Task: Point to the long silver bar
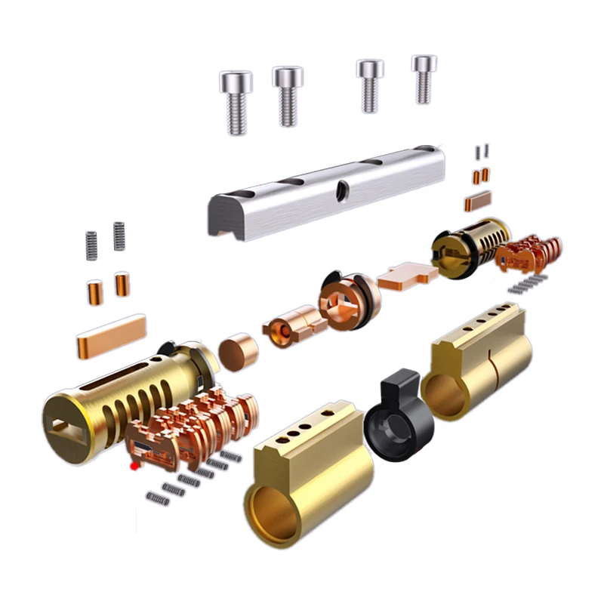[x=325, y=193]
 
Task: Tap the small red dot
[x=134, y=467]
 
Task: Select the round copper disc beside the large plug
[x=239, y=350]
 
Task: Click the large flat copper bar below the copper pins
[x=110, y=337]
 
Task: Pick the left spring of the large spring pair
[x=91, y=245]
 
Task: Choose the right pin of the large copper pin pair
[x=122, y=284]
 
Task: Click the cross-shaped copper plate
[x=407, y=276]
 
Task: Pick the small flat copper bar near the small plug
[x=477, y=200]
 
